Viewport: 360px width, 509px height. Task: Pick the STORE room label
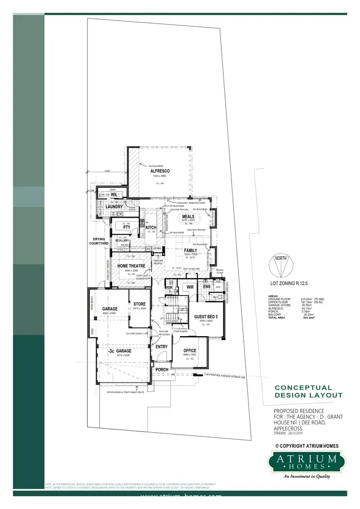click(139, 304)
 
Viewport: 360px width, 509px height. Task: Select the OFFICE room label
click(190, 351)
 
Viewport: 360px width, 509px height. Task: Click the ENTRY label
click(161, 346)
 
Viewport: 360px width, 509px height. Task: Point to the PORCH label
click(162, 370)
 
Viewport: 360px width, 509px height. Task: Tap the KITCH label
click(151, 227)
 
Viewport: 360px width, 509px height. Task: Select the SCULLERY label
click(122, 241)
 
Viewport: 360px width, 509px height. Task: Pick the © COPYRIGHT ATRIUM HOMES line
click(307, 446)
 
